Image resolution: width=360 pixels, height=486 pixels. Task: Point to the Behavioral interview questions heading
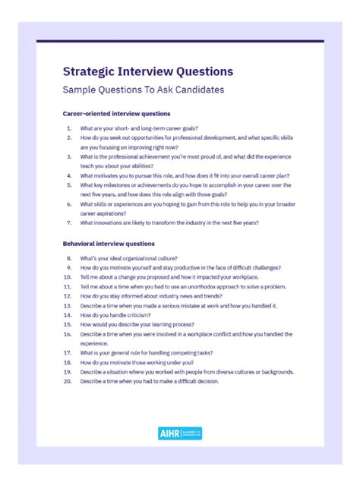109,244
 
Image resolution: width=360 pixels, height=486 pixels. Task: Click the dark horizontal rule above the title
180,41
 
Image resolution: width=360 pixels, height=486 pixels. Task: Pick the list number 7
68,222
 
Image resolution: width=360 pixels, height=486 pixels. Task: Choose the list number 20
67,381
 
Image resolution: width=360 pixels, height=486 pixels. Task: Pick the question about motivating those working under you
134,362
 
